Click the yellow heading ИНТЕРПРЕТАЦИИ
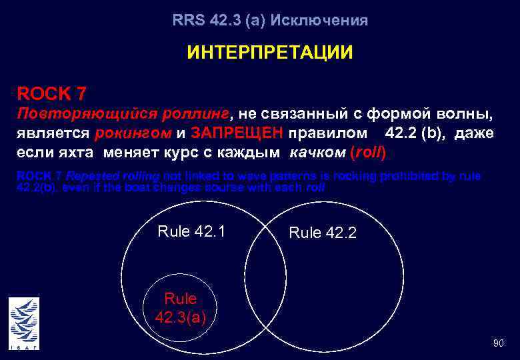[269, 53]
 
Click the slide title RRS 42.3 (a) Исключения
[269, 21]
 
